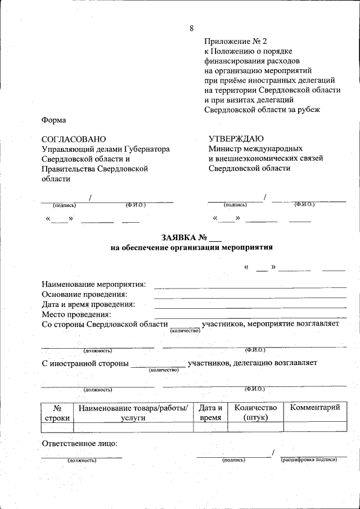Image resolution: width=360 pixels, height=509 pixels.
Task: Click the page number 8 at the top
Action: (x=192, y=28)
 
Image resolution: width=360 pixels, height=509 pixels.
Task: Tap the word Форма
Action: (x=54, y=120)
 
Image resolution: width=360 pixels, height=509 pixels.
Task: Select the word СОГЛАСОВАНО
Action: (x=74, y=139)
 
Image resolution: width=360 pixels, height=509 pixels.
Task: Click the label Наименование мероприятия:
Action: (x=94, y=285)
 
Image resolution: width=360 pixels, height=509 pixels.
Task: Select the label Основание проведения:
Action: (x=84, y=294)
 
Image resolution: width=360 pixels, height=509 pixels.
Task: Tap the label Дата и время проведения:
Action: (x=88, y=304)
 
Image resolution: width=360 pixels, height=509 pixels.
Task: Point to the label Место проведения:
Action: (x=76, y=314)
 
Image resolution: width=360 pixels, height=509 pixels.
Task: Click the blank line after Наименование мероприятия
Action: (x=250, y=287)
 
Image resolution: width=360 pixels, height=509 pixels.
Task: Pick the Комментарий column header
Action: (x=315, y=408)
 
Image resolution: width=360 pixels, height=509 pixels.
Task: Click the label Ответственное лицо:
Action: (x=80, y=443)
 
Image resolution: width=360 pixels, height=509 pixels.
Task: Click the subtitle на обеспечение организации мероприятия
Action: (x=191, y=247)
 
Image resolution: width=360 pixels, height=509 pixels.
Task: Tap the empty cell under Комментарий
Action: (x=315, y=427)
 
